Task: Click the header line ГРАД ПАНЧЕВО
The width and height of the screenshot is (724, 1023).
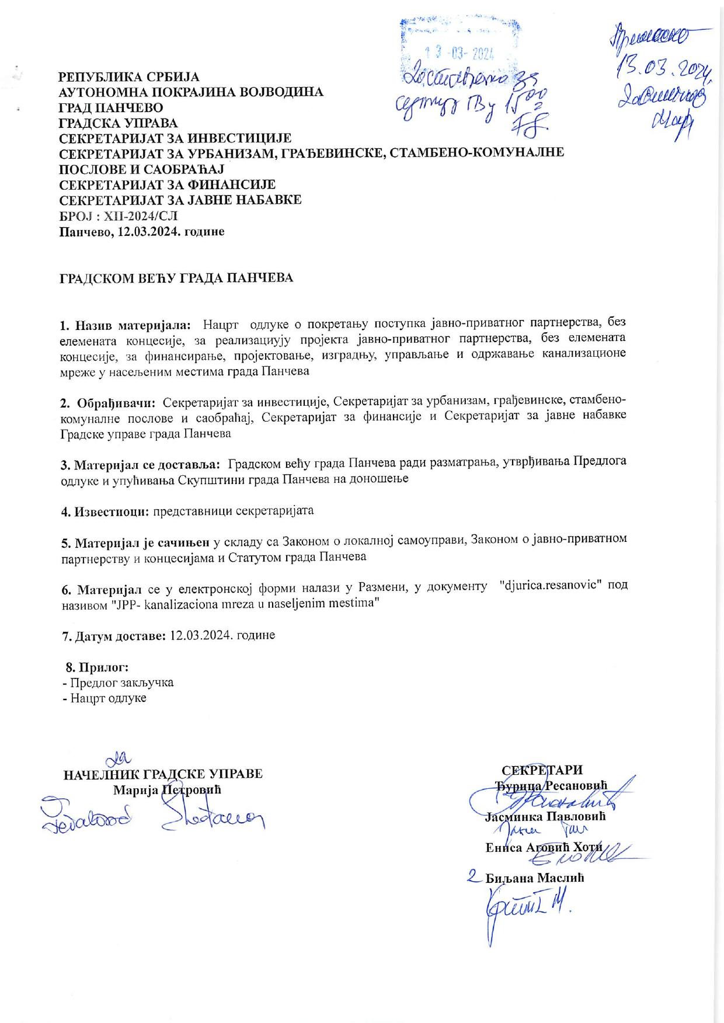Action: coord(112,107)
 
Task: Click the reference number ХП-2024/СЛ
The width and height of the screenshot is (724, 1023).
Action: coord(140,216)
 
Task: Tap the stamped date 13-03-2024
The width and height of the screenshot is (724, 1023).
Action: coord(460,54)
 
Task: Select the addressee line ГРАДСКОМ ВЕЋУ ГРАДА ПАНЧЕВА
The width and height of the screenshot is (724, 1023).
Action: coord(176,278)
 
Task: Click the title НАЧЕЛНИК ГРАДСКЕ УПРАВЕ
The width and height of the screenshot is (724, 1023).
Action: coord(163,774)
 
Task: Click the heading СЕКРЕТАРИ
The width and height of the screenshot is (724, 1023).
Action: coord(542,770)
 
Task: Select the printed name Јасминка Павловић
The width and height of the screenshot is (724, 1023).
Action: coord(545,817)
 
